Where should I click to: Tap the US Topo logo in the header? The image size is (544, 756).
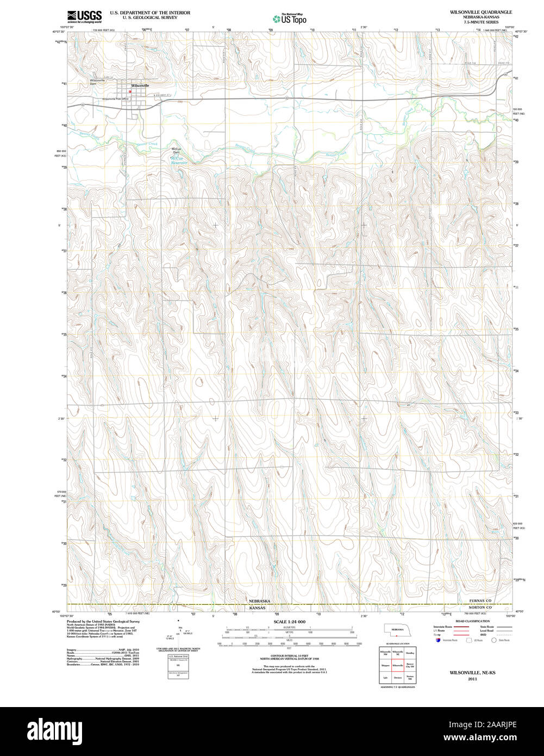pos(289,18)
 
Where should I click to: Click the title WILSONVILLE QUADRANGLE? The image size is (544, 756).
pos(473,11)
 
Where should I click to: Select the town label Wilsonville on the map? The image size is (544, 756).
pos(140,85)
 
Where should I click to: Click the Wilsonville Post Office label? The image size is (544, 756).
pos(115,99)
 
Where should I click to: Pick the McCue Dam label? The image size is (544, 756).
pos(176,151)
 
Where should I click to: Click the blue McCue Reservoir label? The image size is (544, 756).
pos(178,160)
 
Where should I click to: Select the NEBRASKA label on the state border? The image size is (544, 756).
pos(259,601)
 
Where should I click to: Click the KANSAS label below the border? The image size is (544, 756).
pos(257,608)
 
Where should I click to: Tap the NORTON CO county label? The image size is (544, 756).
pos(480,607)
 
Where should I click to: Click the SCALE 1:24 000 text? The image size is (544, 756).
pos(289,622)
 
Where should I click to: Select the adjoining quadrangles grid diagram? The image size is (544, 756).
pos(397,665)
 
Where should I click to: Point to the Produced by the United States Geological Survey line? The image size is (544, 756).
pos(103,621)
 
